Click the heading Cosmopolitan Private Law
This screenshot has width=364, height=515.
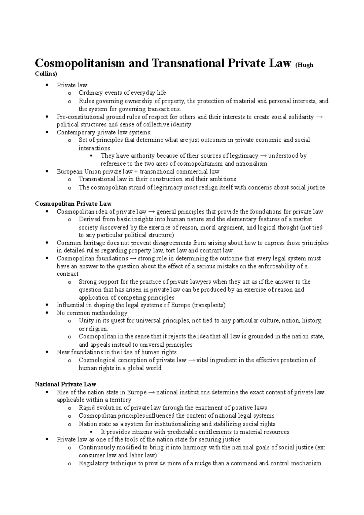73,204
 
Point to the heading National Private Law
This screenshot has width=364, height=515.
66,384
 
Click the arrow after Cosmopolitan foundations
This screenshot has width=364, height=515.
133,258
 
